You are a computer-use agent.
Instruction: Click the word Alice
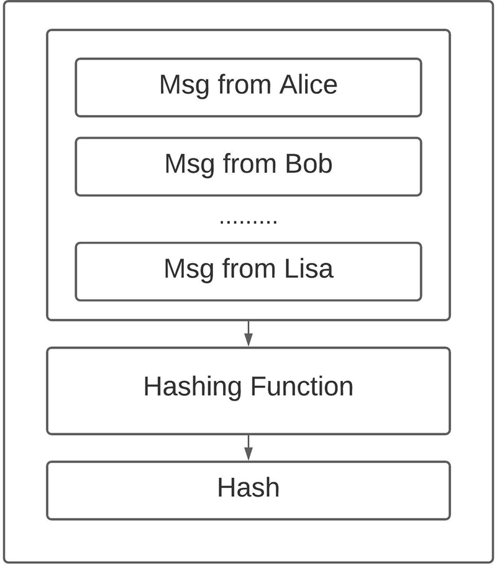pos(308,85)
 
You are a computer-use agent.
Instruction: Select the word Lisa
pos(309,269)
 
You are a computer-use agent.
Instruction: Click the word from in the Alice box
pos(244,85)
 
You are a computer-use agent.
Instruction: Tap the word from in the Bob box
pos(250,163)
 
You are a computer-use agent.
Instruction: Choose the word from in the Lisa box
pos(249,269)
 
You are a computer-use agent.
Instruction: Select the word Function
pos(302,386)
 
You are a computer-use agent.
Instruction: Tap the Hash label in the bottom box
pos(248,487)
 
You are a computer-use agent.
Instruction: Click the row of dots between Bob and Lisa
pos(248,222)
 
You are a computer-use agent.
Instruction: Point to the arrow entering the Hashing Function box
pos(248,334)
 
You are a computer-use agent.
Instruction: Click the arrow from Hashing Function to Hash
pos(248,448)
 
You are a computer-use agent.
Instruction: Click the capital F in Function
pos(258,386)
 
